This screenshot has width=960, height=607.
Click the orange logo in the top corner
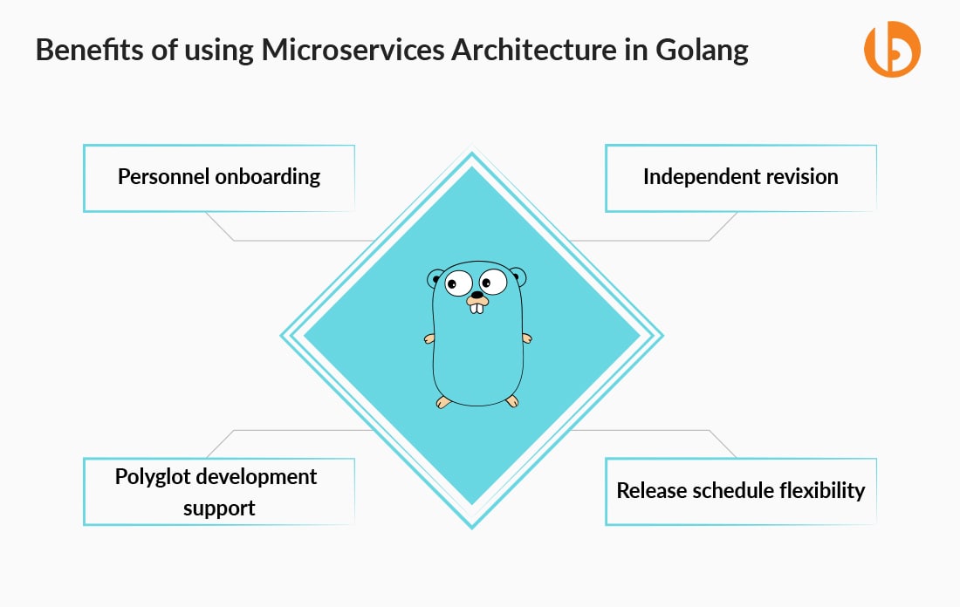tap(892, 49)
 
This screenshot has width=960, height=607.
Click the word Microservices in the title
tap(353, 50)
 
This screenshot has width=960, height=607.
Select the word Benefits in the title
tap(91, 50)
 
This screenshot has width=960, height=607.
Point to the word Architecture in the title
tap(534, 50)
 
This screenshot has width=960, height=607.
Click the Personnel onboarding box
tap(219, 178)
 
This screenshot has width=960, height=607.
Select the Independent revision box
tap(741, 178)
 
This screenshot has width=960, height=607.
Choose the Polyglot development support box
tap(219, 491)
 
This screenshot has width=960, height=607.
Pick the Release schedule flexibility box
tap(741, 491)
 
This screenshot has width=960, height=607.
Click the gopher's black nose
tap(477, 294)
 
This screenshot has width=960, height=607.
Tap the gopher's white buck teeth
tap(477, 308)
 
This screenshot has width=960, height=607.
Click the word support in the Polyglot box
tap(219, 508)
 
